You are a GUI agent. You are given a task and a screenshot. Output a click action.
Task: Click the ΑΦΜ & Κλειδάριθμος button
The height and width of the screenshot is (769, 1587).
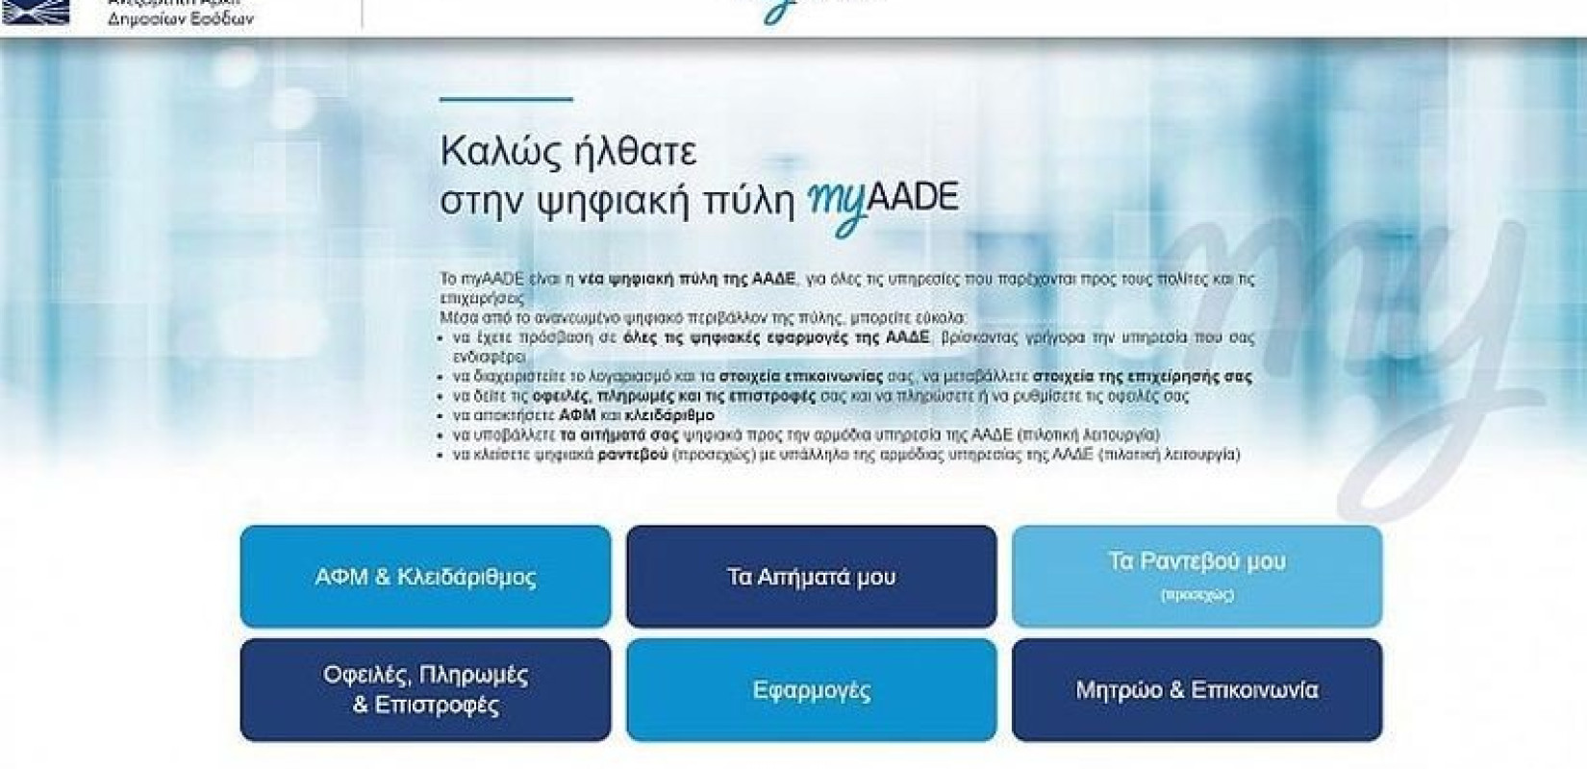(425, 577)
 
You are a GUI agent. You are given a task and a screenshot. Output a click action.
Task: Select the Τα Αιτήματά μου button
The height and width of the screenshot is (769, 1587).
(811, 577)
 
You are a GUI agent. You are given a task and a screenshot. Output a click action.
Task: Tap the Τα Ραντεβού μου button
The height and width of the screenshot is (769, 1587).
(1197, 575)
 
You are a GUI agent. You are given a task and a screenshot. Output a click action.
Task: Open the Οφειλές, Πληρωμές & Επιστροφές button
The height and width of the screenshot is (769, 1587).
(425, 689)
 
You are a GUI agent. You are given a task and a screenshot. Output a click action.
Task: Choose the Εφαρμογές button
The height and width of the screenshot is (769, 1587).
(811, 689)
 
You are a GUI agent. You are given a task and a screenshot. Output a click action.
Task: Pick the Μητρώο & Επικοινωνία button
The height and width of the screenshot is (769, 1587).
(1197, 689)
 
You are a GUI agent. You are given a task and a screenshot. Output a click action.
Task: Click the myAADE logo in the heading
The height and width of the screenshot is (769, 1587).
(883, 201)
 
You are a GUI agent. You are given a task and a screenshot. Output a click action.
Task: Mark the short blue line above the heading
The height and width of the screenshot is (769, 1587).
(506, 99)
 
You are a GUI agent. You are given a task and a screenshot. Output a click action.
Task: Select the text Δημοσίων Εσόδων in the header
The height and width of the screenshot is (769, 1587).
(181, 19)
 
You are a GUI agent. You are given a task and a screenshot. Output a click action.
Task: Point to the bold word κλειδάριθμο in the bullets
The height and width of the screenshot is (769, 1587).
(669, 415)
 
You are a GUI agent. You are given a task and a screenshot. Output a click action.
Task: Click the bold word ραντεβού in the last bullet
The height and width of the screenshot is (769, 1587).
(632, 454)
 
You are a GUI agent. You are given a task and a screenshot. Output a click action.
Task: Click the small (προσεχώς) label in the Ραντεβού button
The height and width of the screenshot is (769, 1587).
(1197, 595)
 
